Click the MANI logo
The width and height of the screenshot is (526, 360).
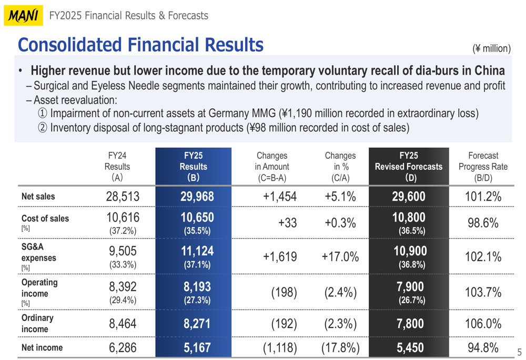click(24, 16)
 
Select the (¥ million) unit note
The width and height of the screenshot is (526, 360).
click(491, 48)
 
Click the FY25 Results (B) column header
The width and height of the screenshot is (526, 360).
click(193, 166)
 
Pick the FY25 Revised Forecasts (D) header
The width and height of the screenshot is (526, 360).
click(408, 166)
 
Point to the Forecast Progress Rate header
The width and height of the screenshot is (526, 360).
click(483, 166)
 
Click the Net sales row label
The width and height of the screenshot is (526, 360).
click(38, 197)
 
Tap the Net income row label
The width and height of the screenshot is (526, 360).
click(42, 347)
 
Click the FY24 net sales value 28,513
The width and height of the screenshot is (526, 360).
click(122, 197)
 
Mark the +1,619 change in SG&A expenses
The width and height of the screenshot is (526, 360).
click(280, 257)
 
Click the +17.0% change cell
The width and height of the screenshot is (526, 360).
click(340, 257)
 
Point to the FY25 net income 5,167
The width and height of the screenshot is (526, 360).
click(198, 347)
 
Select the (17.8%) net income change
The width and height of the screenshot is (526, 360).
click(340, 347)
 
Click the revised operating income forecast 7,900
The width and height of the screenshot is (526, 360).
click(408, 287)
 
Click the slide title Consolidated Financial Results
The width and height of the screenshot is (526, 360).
click(140, 45)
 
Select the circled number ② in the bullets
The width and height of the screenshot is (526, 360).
click(42, 127)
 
